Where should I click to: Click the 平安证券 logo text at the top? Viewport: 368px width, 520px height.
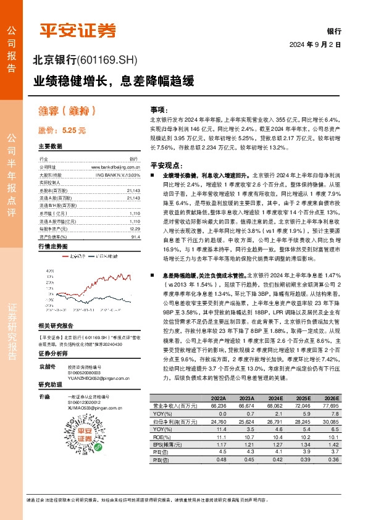(78, 30)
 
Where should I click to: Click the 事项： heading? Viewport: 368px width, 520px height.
(159, 108)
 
